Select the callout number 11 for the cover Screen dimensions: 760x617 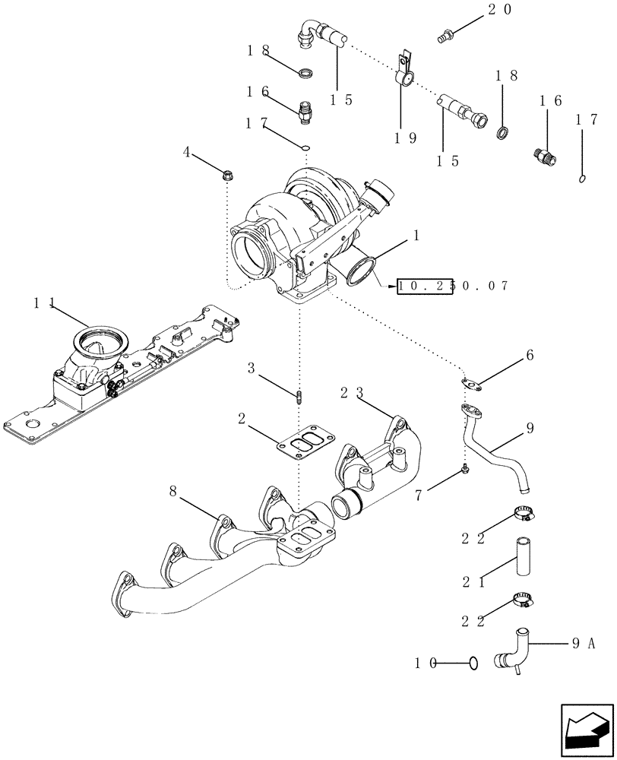pos(42,303)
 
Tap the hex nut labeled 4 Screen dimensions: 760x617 pos(227,176)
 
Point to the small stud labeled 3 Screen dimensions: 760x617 pos(300,397)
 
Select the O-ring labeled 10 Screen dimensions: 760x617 pos(473,663)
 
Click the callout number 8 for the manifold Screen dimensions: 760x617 pos(175,492)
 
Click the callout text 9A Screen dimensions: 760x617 pos(583,643)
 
